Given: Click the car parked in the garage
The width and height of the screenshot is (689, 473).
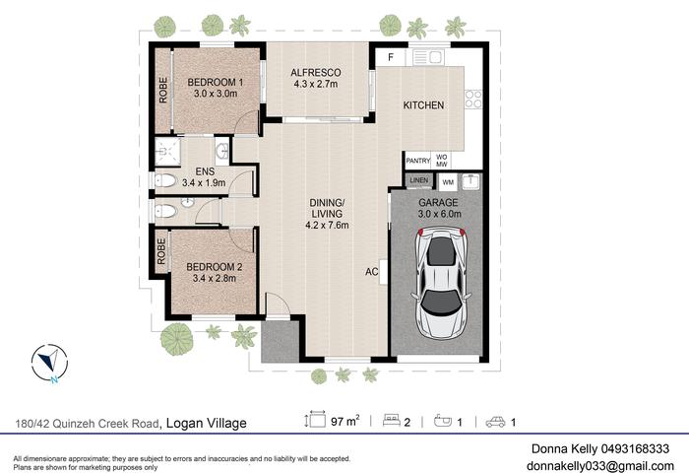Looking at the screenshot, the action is tap(441, 284).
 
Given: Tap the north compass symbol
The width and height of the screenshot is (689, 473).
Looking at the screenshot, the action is tap(49, 363).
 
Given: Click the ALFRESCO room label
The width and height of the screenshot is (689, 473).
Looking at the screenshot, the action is tap(316, 72).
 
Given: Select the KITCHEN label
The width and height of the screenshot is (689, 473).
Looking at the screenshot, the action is tap(423, 105).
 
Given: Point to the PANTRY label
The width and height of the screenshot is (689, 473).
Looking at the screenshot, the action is tap(418, 161).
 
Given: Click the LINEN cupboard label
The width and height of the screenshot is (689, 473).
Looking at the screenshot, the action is tap(418, 180).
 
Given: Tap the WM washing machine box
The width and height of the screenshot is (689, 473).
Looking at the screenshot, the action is tap(448, 182).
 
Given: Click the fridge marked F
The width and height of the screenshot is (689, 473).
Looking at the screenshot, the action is tap(391, 57).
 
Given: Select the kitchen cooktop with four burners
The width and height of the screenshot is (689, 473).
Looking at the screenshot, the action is tap(473, 99).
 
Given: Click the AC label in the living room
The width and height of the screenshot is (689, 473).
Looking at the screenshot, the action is tap(372, 272).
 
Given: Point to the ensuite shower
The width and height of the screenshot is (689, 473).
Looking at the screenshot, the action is tap(167, 152).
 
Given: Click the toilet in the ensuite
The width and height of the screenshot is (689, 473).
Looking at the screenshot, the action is tap(165, 180).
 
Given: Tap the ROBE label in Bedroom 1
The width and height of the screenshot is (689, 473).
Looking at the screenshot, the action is tap(163, 91).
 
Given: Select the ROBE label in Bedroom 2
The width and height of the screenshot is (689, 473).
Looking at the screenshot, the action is tap(161, 251).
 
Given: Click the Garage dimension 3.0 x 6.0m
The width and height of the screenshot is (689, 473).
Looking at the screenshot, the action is tap(439, 214).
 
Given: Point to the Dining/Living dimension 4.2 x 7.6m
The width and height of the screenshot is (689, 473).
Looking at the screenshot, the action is tap(327, 226).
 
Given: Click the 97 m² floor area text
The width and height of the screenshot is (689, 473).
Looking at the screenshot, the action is tap(345, 421).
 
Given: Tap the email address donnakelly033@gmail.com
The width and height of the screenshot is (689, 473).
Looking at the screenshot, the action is tap(600, 465).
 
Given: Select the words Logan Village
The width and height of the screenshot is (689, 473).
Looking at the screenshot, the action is tap(206, 424).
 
